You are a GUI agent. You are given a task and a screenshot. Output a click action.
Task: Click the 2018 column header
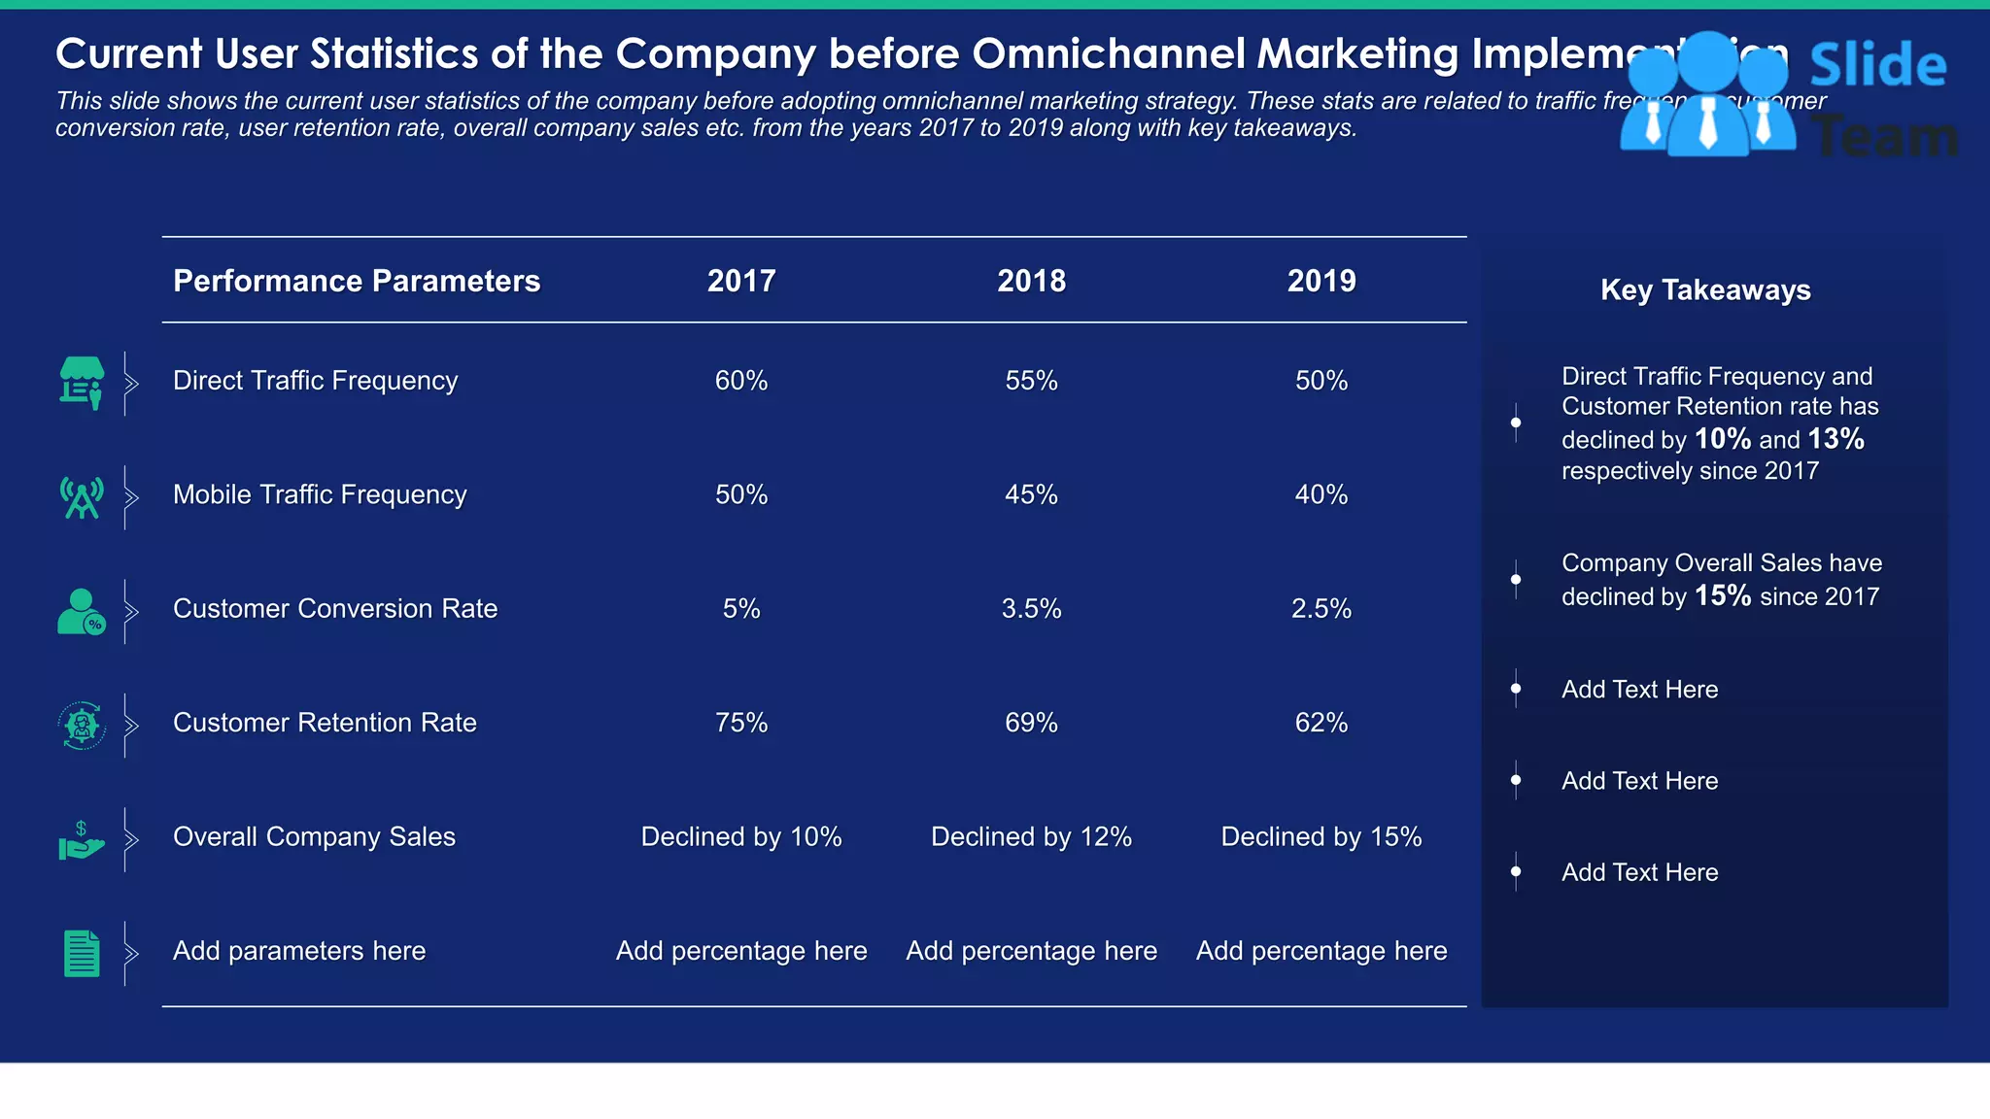[1031, 281]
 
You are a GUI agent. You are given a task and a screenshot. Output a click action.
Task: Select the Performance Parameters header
[356, 281]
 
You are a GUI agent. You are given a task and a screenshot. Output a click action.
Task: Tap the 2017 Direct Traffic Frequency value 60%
[740, 381]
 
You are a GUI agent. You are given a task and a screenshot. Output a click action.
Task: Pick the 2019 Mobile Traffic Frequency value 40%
[1321, 494]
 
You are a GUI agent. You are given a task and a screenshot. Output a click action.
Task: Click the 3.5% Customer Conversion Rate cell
[1031, 609]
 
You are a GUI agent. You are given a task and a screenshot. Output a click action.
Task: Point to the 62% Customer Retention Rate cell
[1321, 723]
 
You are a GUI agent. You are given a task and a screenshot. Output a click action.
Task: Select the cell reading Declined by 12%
[1031, 836]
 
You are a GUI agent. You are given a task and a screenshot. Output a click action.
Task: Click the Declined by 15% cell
[1321, 836]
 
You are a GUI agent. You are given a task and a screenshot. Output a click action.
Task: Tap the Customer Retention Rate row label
[325, 723]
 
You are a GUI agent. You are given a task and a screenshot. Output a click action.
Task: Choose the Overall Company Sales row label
[314, 836]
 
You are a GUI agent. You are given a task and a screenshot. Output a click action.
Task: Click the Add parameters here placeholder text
[299, 951]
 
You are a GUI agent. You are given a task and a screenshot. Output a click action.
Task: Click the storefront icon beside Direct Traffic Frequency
[82, 382]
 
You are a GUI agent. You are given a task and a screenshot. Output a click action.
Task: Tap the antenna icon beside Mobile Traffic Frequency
[82, 497]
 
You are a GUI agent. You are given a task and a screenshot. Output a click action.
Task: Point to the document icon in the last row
[82, 953]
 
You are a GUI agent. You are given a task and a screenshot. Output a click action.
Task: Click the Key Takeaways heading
[1705, 289]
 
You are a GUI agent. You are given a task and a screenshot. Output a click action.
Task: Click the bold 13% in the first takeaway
[1836, 439]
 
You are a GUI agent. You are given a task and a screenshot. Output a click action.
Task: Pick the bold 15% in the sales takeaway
[1722, 595]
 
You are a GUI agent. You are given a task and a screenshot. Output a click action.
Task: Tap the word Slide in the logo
[1877, 66]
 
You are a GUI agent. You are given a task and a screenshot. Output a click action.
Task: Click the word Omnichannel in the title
[1108, 54]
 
